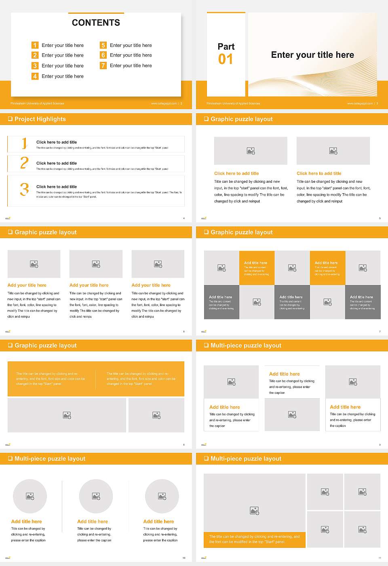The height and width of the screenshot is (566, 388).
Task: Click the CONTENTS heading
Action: point(96,23)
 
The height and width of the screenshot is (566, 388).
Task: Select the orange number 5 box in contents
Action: point(103,45)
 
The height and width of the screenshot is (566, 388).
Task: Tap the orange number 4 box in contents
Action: point(35,76)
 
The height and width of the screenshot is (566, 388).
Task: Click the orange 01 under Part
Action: point(226,59)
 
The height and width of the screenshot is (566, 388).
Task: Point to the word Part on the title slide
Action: point(226,46)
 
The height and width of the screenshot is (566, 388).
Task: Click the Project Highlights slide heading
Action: point(40,119)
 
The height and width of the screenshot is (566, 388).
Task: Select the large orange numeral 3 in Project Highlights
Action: point(25,189)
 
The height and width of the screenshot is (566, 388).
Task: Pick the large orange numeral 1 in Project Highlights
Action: point(25,143)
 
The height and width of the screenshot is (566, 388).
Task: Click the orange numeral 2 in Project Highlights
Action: point(24,163)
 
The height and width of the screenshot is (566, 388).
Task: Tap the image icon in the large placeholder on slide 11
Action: point(254,511)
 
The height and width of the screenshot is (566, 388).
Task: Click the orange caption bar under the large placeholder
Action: point(254,539)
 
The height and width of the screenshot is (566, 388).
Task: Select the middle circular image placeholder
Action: point(96,496)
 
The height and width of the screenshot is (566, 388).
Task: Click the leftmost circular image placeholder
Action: point(30,496)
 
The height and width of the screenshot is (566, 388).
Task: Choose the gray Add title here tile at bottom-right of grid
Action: point(363,302)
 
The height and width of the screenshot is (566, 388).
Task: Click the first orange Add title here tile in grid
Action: point(257,268)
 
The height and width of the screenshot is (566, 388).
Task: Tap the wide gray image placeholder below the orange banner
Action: point(67,415)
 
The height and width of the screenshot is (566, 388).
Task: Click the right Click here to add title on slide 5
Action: point(319,173)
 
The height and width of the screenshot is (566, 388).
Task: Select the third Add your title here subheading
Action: point(151,285)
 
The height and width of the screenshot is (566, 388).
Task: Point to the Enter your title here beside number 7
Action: point(131,65)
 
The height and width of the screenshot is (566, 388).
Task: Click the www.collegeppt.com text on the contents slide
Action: point(164,103)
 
